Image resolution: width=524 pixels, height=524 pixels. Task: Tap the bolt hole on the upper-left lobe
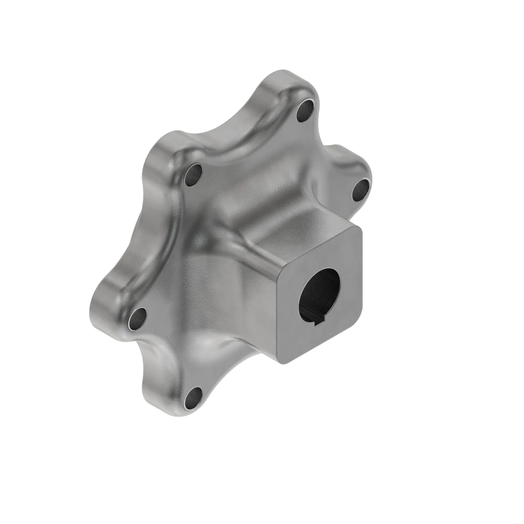(x=194, y=174)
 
